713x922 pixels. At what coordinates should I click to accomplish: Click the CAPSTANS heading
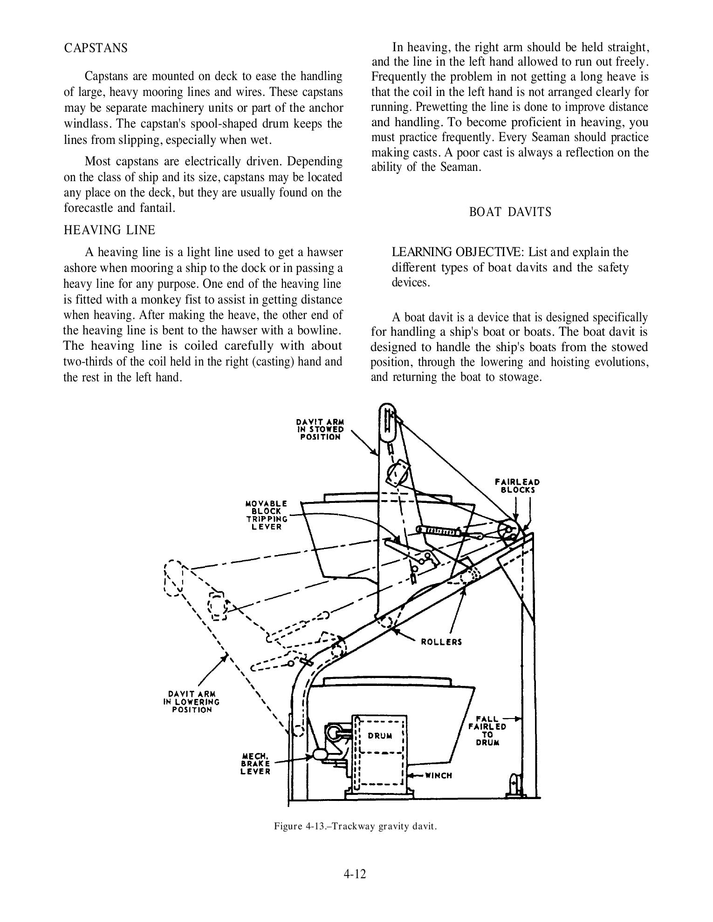[x=96, y=48]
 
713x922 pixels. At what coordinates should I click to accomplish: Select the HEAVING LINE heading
[x=110, y=230]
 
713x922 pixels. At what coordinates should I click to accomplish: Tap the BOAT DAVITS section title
[x=510, y=212]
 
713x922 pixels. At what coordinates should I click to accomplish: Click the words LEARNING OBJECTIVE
[x=454, y=252]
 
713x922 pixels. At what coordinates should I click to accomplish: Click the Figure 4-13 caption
[x=355, y=827]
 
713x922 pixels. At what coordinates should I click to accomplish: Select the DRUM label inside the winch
[x=380, y=736]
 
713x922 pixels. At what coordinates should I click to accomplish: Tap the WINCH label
[x=439, y=775]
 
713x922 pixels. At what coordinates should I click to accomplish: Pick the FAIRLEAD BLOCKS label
[x=517, y=486]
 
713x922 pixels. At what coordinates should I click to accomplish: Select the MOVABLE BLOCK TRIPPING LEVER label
[x=266, y=515]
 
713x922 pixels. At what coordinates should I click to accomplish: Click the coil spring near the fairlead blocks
[x=439, y=530]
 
